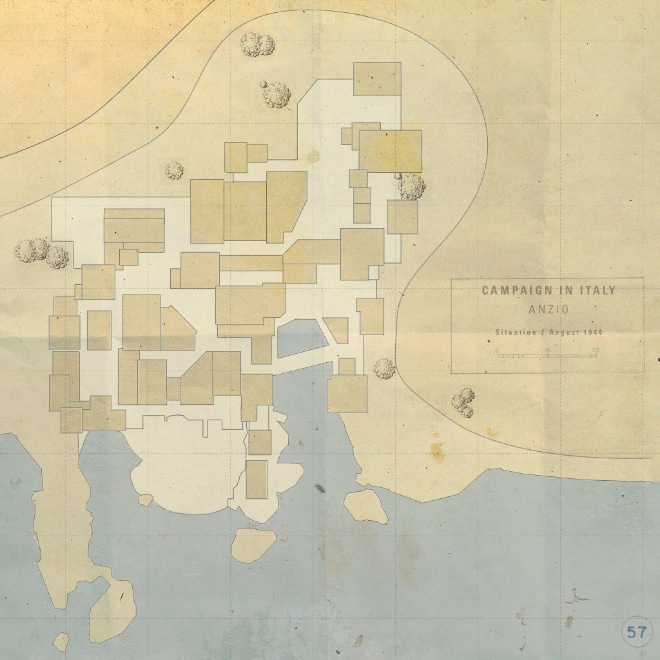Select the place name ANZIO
point(548,309)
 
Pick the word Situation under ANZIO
point(516,333)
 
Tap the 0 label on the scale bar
point(497,350)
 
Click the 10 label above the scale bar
point(547,350)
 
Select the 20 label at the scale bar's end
point(595,350)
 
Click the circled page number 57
point(636,632)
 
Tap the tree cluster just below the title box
point(463,402)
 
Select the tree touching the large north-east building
point(411,186)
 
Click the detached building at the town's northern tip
point(377,79)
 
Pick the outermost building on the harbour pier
point(257,479)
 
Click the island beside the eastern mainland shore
point(365,506)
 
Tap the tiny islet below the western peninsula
point(61,641)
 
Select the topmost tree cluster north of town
point(257,44)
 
